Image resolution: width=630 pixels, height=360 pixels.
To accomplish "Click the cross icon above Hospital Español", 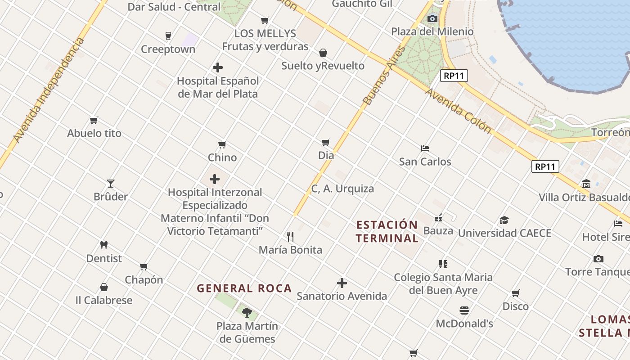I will (x=218, y=67).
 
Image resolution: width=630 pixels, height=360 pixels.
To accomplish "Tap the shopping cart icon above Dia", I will (x=326, y=142).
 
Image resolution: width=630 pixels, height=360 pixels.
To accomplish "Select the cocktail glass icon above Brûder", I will (x=111, y=183).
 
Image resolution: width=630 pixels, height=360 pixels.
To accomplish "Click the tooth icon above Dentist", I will (x=104, y=245).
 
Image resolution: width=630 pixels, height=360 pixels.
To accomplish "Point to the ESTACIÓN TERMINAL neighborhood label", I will (x=387, y=231).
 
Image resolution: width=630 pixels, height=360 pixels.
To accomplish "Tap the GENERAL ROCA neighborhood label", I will (x=244, y=288).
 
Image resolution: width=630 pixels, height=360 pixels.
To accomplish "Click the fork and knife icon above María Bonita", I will (x=290, y=236).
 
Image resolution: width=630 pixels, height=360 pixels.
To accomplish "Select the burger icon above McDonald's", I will (x=464, y=310).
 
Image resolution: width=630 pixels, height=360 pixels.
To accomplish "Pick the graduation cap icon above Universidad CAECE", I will (x=504, y=220).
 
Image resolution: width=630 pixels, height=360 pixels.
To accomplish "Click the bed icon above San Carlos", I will (x=425, y=148).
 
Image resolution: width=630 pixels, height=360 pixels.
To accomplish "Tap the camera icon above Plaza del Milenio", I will (x=432, y=18).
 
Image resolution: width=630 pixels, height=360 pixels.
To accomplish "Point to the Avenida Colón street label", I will (x=458, y=111).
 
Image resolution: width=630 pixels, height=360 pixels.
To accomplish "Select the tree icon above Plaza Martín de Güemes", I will (x=247, y=312).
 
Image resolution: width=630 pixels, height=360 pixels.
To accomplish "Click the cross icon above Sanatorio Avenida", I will (x=342, y=283).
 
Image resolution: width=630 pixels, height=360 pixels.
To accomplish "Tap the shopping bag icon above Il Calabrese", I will (x=104, y=287).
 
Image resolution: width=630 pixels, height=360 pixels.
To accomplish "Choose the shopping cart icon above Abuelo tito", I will (x=94, y=120).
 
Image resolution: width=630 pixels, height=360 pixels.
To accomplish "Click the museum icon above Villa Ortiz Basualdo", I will (x=586, y=184).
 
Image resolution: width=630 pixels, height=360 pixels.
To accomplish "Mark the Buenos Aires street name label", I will (x=384, y=76).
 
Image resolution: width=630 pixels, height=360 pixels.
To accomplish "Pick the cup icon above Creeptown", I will (x=168, y=36).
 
